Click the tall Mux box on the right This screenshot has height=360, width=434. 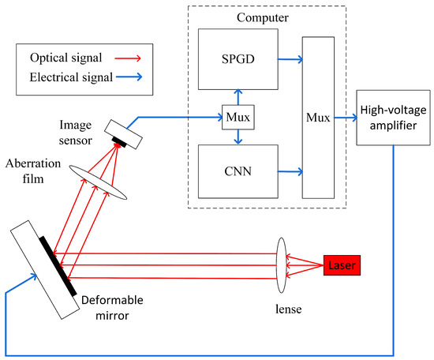pos(318,117)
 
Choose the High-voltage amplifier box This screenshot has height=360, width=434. pos(391,117)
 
